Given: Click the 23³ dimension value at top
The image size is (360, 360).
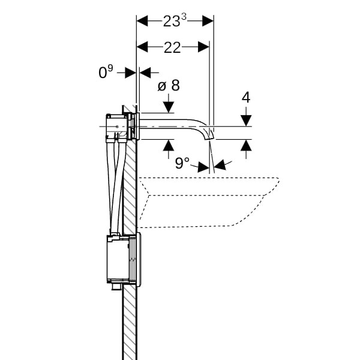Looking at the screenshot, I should coord(175,21).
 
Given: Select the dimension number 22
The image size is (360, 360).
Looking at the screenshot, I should coord(172,47).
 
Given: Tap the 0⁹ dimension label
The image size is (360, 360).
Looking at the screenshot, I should coord(106,73).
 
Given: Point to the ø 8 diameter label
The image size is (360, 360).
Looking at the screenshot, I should coord(168,86).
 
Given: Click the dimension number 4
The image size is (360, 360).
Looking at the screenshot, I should coord(246,97).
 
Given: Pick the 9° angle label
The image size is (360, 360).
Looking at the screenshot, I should coord(182,163).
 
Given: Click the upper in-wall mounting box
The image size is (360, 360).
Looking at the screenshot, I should coord(119,127).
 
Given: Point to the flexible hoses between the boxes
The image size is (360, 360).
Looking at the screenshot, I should coord(116,186).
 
